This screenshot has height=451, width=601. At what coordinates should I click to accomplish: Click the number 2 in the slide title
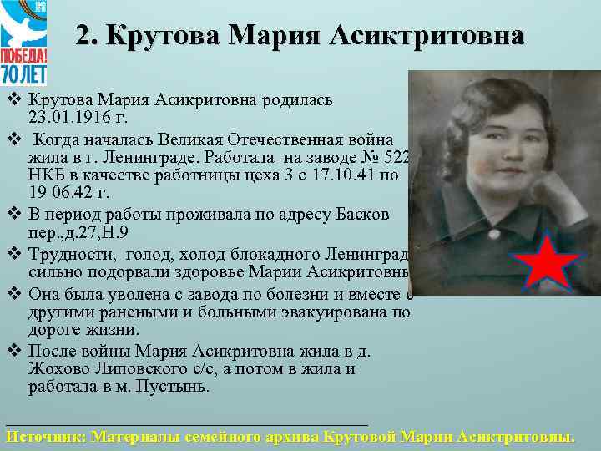(x=83, y=36)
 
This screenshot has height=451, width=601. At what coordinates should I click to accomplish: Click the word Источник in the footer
(x=43, y=436)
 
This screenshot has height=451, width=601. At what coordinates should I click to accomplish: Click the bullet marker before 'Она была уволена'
(x=13, y=293)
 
